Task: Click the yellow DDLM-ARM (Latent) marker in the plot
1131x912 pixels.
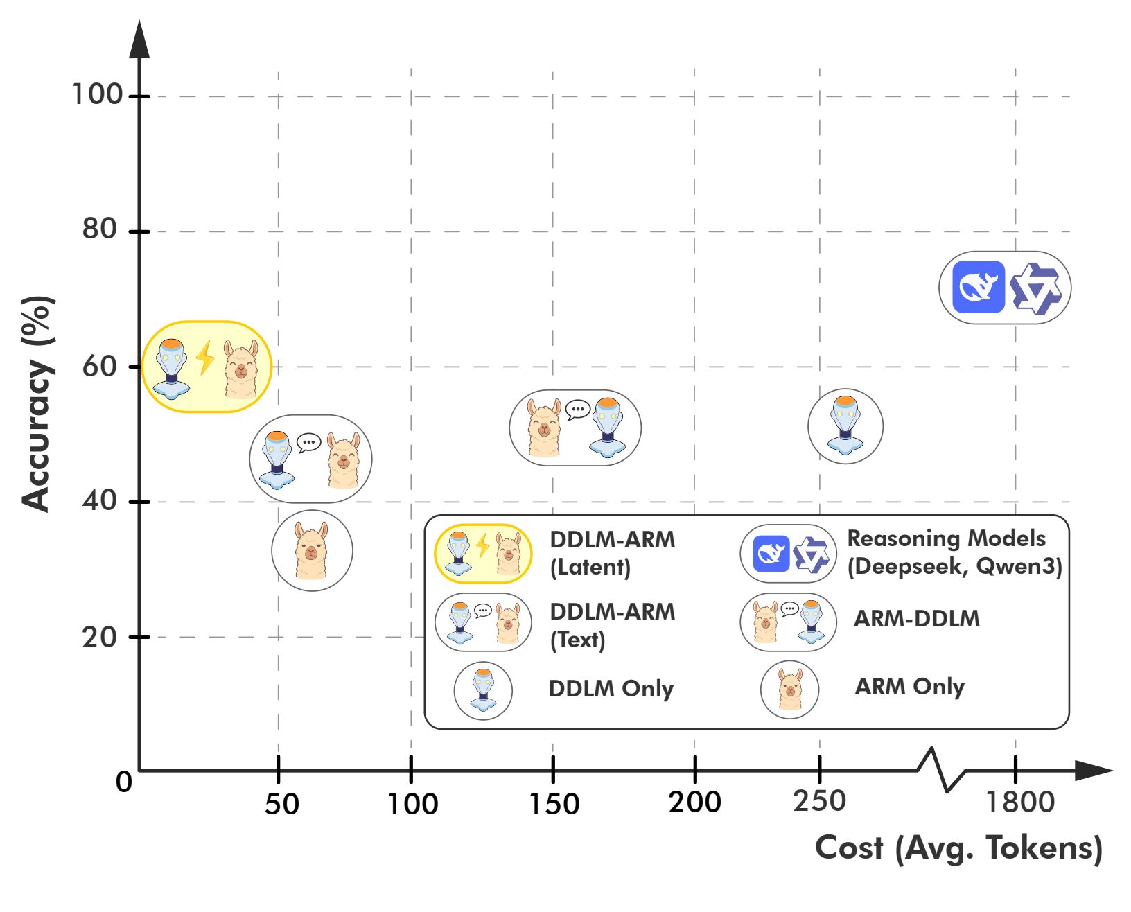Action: (207, 367)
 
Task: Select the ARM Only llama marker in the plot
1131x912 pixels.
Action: (312, 550)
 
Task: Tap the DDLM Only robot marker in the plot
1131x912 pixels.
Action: (845, 426)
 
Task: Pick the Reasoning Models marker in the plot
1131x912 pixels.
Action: (1005, 287)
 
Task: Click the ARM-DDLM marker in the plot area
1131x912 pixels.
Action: (575, 428)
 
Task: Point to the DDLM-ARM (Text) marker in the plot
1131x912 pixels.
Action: (310, 459)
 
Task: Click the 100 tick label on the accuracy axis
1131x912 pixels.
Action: (97, 94)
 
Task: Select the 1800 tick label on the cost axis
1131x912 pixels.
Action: (1019, 803)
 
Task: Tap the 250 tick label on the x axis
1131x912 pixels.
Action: (820, 801)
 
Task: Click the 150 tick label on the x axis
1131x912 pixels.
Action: (554, 804)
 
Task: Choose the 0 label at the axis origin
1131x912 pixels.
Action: (123, 782)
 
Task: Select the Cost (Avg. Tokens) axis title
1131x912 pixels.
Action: (958, 848)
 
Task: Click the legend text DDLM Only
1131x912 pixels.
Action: (611, 689)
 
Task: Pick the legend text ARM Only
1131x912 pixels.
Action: (909, 687)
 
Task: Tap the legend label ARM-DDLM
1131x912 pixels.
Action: (916, 619)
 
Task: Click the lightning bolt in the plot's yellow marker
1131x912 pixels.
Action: (205, 358)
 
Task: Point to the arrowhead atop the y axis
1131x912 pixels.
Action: (139, 40)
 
